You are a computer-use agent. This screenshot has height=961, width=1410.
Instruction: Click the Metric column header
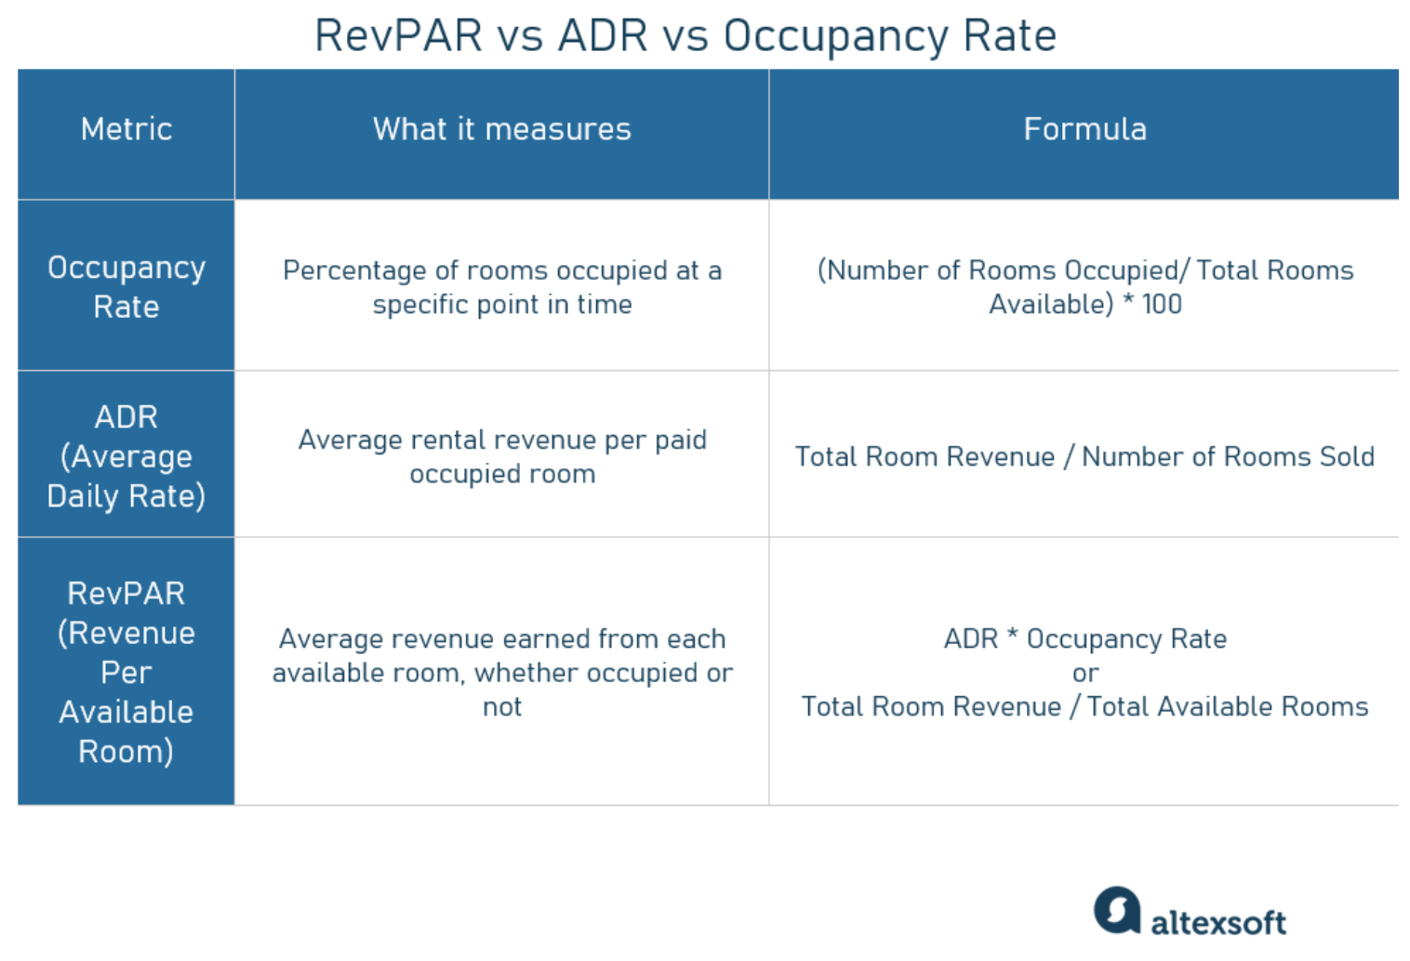126,129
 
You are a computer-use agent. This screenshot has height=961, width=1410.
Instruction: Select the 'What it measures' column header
501,129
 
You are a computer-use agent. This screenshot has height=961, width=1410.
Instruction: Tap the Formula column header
1084,129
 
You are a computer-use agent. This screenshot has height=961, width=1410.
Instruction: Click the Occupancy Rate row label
126,287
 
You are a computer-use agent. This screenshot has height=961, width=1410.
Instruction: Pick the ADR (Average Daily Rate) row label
126,456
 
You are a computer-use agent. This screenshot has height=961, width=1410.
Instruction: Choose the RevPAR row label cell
126,672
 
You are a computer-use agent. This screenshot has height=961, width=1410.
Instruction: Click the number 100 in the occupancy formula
1162,304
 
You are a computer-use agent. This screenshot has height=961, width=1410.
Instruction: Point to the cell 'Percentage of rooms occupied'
501,287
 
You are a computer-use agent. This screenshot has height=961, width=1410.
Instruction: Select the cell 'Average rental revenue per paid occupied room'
501,456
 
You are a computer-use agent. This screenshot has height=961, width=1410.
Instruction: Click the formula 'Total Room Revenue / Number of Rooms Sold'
1084,456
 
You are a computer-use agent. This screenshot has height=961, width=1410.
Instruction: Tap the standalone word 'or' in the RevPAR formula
1085,674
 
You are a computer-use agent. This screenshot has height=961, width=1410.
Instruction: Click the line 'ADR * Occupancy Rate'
1085,639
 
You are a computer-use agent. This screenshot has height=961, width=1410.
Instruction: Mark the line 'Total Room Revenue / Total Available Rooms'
1084,707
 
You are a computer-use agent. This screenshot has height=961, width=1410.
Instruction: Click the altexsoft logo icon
1117,910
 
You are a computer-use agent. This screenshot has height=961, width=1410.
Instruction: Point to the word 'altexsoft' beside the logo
1218,923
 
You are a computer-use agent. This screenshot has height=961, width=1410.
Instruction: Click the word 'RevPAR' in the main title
398,35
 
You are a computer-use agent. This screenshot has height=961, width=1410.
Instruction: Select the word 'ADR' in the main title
603,35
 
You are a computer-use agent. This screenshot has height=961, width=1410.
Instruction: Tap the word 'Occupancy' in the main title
835,38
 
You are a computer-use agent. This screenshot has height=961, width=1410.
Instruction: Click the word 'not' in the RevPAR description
501,707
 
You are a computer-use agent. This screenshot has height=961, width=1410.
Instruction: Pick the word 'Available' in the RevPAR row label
126,712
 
